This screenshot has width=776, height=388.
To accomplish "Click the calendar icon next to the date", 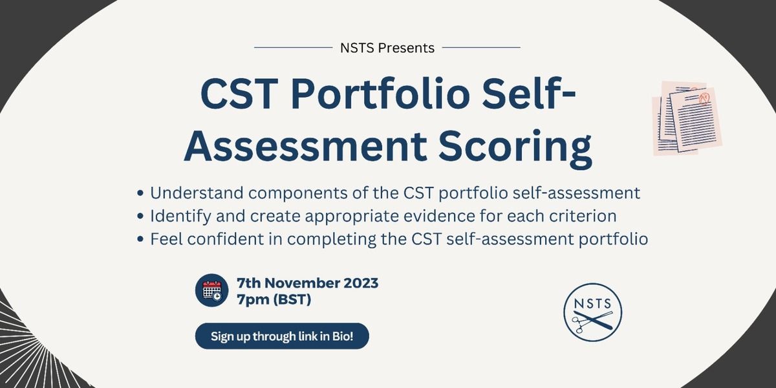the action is (211, 290).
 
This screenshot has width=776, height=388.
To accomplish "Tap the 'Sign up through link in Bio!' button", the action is (282, 336).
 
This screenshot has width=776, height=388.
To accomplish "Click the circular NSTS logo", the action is (593, 312).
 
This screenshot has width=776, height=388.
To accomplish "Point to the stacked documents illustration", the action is (687, 118).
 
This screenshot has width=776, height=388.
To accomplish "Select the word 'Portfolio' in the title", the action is (380, 94).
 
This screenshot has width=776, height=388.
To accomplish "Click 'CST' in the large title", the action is (239, 94).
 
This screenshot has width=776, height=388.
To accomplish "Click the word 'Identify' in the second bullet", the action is (180, 217).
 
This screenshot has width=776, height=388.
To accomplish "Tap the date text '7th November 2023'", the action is (308, 283).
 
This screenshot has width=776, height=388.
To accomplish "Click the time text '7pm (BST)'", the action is (274, 299).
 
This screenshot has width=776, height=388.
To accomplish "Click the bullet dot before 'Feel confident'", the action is (140, 239).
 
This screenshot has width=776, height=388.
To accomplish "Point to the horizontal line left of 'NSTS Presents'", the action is (293, 47).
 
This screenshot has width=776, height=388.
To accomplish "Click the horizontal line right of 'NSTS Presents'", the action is (481, 47).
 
